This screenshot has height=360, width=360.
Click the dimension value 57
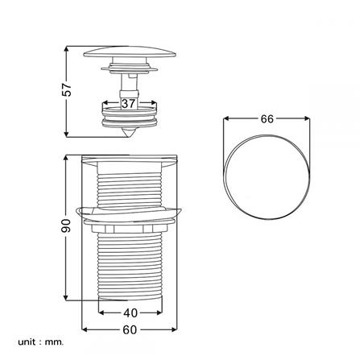pos(66,89)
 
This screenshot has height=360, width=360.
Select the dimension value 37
pos(128,103)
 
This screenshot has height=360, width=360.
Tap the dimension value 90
pos(66,226)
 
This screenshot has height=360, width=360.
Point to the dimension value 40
pos(130,312)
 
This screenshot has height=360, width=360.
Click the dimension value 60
pos(130,330)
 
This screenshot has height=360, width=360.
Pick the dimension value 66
pos(267,119)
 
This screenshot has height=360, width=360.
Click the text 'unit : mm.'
pos(41,342)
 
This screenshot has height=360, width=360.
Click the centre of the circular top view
pos(267,177)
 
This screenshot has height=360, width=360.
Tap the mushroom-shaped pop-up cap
pos(130,52)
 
